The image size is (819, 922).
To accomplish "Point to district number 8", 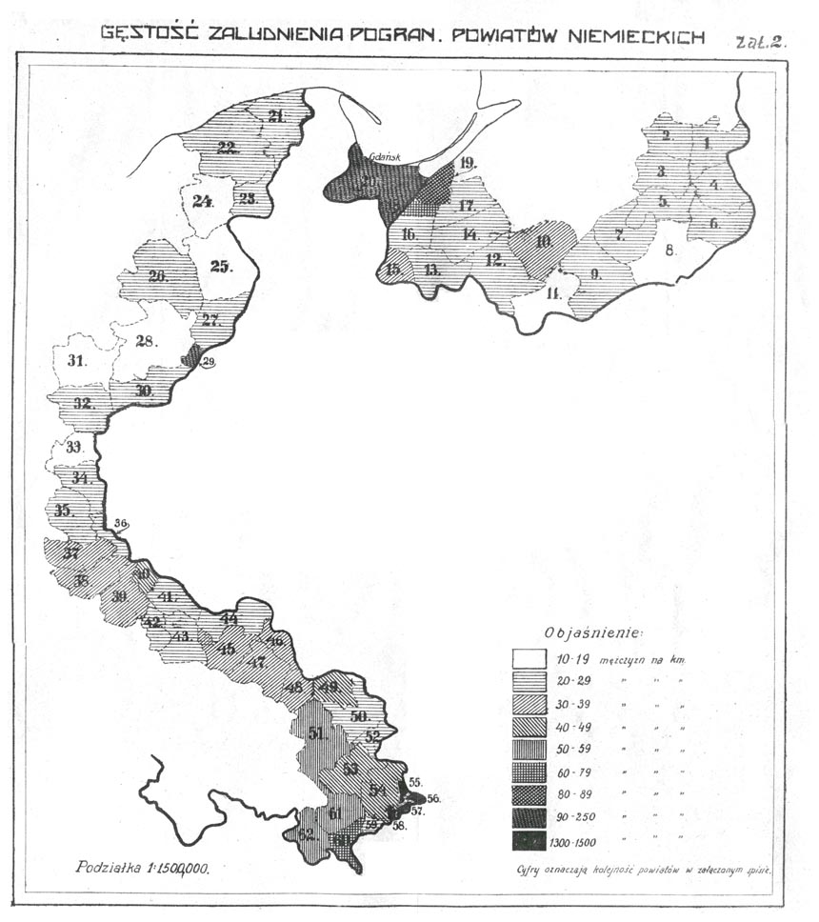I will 669,251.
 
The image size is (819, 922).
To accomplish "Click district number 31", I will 76,361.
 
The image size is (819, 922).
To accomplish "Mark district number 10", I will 544,241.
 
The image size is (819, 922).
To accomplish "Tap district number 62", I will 305,833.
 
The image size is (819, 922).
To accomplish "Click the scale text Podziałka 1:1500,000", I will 143,869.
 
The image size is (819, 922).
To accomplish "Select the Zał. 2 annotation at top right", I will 760,42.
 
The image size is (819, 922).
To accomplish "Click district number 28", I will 146,343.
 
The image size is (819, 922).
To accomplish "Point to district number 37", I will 70,553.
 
